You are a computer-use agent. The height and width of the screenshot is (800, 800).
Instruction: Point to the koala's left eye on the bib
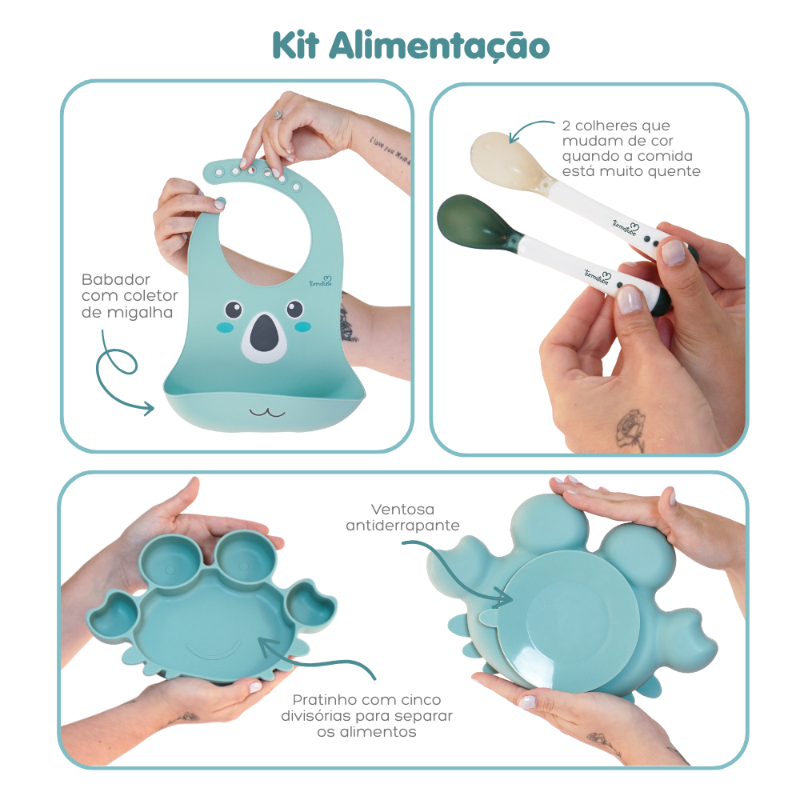[x=233, y=309]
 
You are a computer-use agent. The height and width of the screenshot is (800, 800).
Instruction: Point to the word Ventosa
[x=402, y=509]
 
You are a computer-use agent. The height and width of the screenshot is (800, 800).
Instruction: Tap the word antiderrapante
[x=402, y=526]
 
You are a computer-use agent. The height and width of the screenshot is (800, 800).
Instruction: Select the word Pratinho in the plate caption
[x=323, y=700]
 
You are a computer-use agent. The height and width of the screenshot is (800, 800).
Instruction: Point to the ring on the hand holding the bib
[x=278, y=114]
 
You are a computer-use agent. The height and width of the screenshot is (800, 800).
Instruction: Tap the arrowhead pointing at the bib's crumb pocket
[x=149, y=410]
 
